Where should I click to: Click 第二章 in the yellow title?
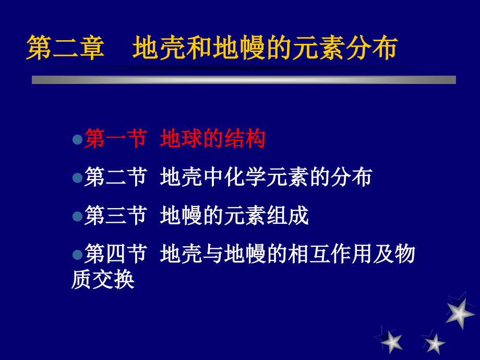click(x=66, y=48)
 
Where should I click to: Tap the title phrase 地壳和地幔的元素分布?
click(x=265, y=48)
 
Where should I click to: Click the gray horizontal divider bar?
click(x=244, y=80)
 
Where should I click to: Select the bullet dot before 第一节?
click(x=77, y=140)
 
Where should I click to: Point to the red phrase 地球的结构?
click(x=213, y=139)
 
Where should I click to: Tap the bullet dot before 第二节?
click(x=77, y=178)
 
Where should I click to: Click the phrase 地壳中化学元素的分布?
click(x=266, y=177)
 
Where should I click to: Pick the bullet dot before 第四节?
click(x=77, y=255)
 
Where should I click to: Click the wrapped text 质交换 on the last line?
click(x=103, y=280)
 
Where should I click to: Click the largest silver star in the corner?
click(x=460, y=311)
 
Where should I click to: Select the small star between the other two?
click(x=434, y=342)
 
